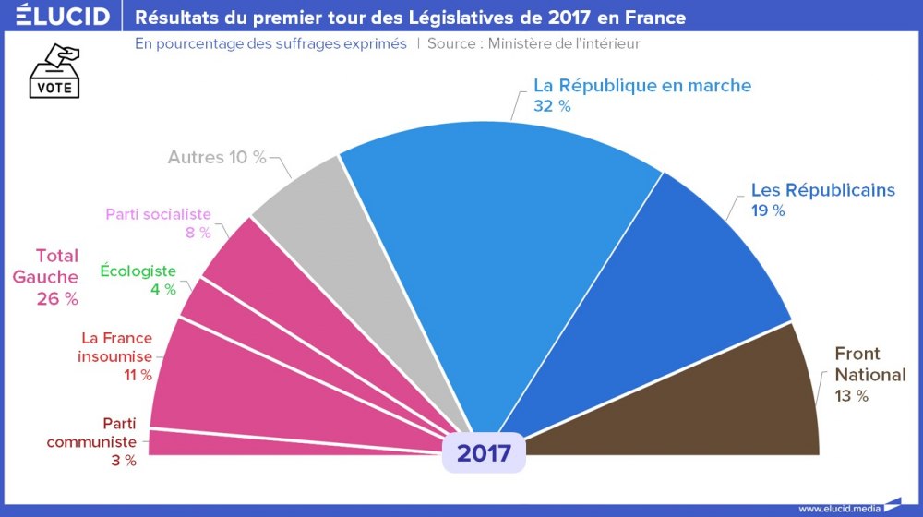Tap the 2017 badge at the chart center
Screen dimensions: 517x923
click(483, 453)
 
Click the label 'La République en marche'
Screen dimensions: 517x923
click(642, 86)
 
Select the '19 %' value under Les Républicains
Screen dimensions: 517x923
click(768, 210)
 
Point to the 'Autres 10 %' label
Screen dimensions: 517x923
click(217, 157)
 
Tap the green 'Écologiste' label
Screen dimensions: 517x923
click(138, 271)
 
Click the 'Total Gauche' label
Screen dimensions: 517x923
click(57, 266)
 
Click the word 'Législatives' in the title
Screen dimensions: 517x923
click(461, 17)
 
